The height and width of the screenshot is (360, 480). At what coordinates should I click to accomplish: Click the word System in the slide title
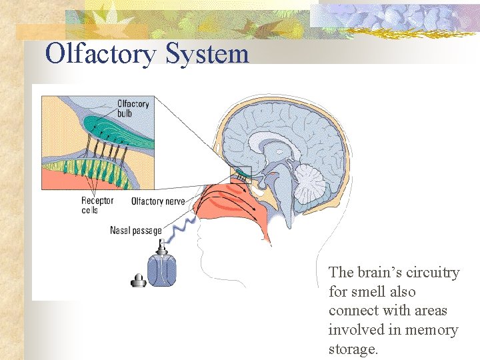click(207, 53)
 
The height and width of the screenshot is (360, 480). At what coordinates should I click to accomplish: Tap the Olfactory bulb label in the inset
click(133, 109)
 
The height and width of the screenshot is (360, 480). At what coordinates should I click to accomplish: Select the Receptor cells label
click(97, 205)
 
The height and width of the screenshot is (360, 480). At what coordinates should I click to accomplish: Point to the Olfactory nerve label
click(158, 201)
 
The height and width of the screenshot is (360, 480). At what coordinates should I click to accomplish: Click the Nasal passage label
click(136, 231)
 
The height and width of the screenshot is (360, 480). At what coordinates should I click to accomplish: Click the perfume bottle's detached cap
click(139, 281)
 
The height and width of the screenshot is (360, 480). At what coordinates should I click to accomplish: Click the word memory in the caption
click(433, 330)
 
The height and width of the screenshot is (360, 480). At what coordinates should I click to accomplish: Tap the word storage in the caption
click(353, 349)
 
